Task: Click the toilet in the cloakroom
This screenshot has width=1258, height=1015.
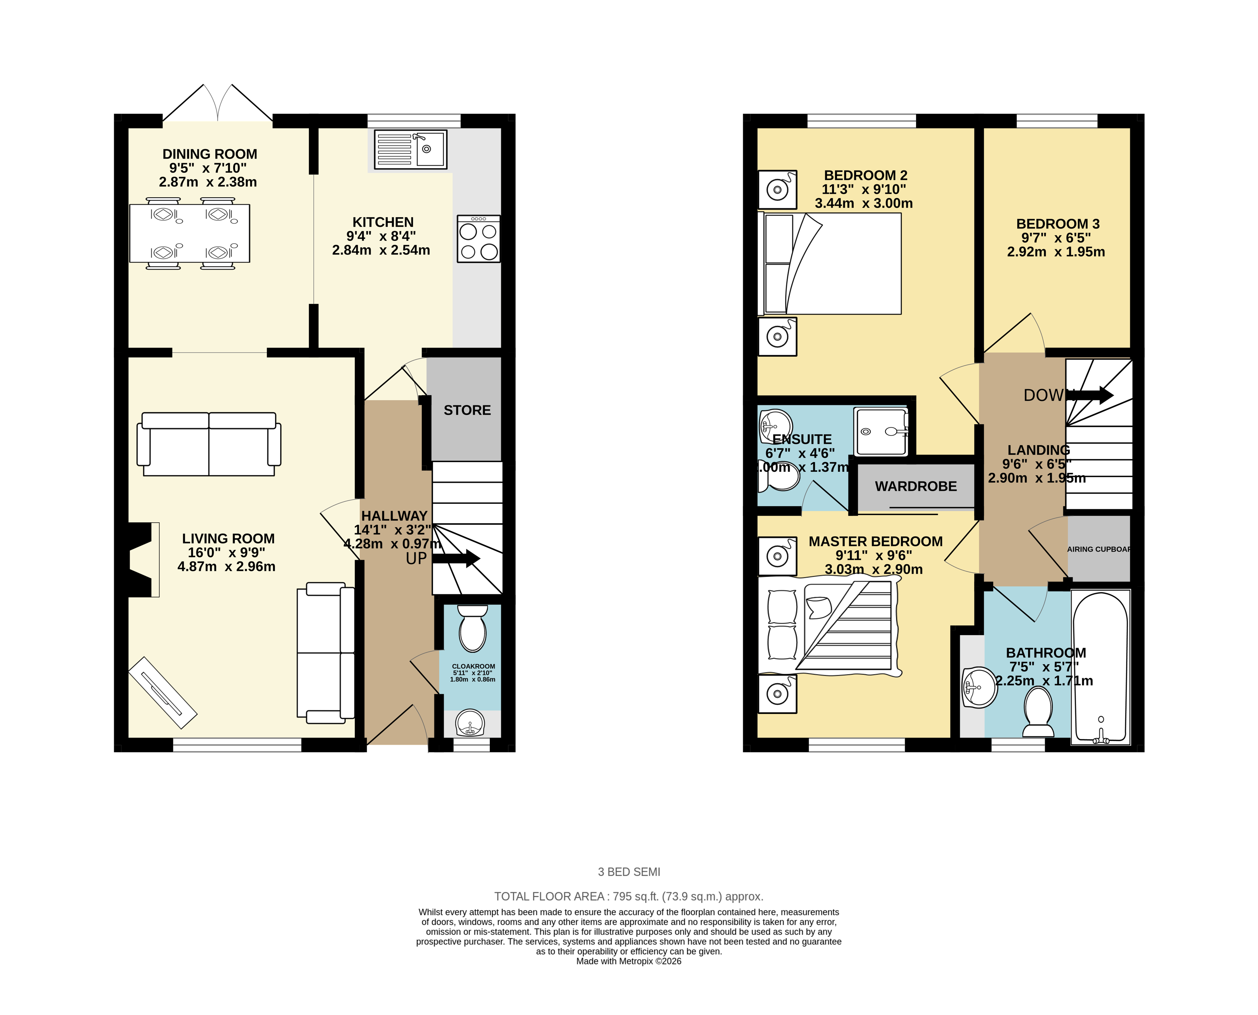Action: [x=472, y=629]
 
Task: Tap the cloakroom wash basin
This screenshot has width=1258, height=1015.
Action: [x=470, y=724]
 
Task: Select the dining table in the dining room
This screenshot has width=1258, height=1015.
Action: [x=189, y=233]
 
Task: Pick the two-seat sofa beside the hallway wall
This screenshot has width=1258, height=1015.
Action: [x=325, y=653]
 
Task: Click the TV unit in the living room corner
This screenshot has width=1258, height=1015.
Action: [x=163, y=693]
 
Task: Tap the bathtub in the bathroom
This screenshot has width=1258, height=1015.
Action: [x=1100, y=667]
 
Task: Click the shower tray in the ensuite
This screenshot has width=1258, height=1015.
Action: [x=881, y=432]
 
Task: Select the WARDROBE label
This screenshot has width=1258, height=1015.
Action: [x=915, y=487]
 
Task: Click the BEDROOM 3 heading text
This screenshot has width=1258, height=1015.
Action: [x=1057, y=224]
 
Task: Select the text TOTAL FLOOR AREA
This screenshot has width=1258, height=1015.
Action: [x=548, y=896]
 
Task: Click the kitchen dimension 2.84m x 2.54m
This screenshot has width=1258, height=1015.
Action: [x=381, y=250]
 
